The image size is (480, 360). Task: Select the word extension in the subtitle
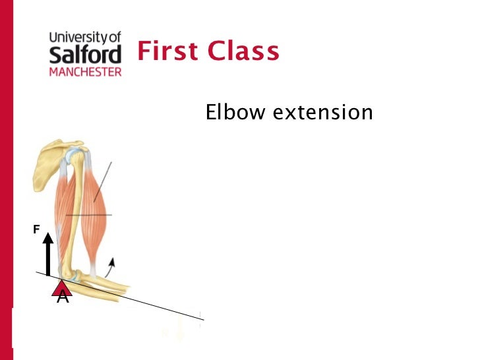click(322, 113)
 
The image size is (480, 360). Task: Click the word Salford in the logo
click(86, 55)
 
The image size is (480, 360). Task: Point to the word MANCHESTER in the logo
click(86, 71)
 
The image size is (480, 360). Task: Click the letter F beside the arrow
click(37, 229)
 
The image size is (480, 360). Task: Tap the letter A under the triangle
click(63, 297)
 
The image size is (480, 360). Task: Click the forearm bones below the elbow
click(99, 285)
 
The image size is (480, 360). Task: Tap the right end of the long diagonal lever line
click(202, 319)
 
